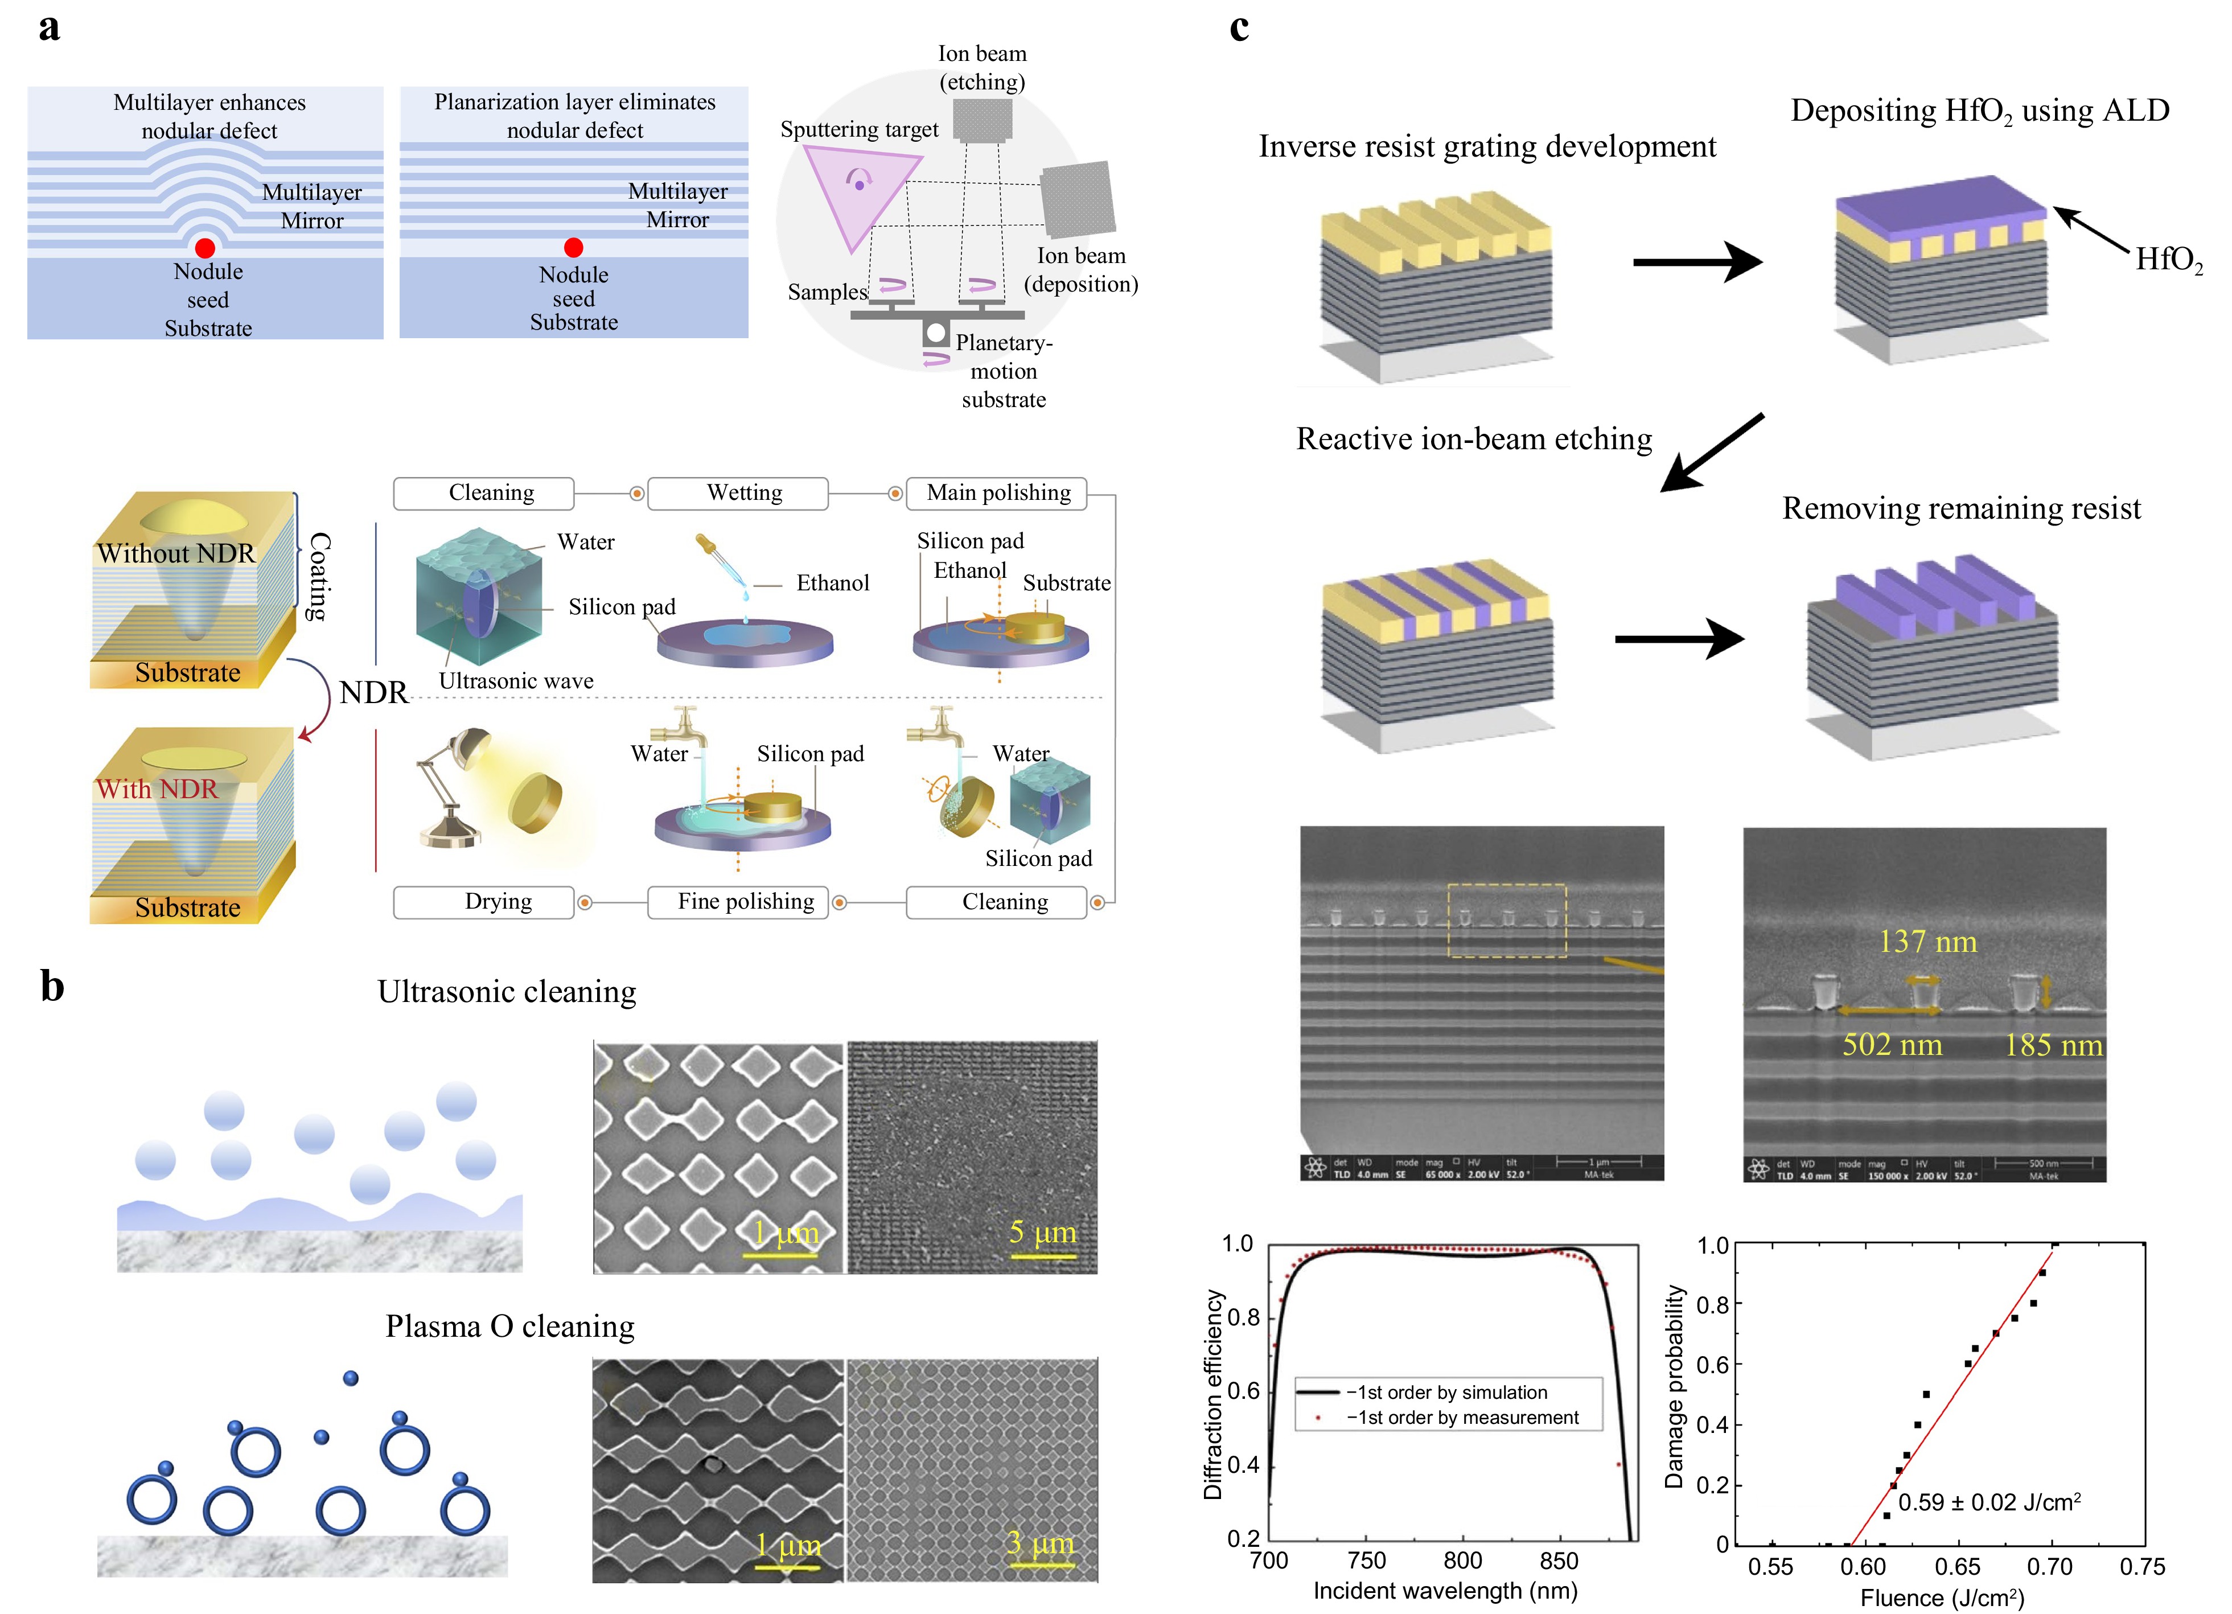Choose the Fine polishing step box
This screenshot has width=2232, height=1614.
pos(745,901)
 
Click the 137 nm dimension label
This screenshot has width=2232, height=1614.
pos(1927,942)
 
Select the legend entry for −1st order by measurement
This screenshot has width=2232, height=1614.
pos(1461,1417)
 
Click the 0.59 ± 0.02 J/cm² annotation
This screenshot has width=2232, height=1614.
pos(1988,1502)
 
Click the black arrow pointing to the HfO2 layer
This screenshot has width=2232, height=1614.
pos(2091,231)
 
